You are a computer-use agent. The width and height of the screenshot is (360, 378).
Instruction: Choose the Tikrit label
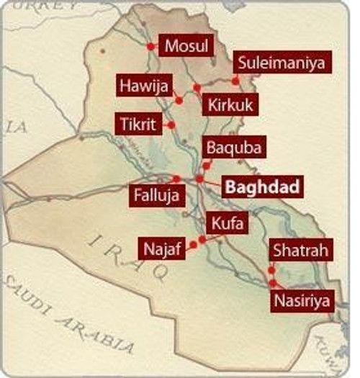(138, 123)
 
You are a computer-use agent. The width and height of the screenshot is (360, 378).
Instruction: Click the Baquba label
(230, 148)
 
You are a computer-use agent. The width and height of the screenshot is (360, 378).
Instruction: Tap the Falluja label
(156, 194)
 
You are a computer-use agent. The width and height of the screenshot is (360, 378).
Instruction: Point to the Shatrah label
(302, 252)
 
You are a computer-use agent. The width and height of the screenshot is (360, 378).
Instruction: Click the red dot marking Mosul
(150, 47)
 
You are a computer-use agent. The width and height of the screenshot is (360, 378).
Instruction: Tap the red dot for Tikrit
(171, 124)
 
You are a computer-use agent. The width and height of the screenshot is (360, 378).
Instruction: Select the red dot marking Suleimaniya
(235, 80)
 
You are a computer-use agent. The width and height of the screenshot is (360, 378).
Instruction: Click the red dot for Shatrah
(271, 271)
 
